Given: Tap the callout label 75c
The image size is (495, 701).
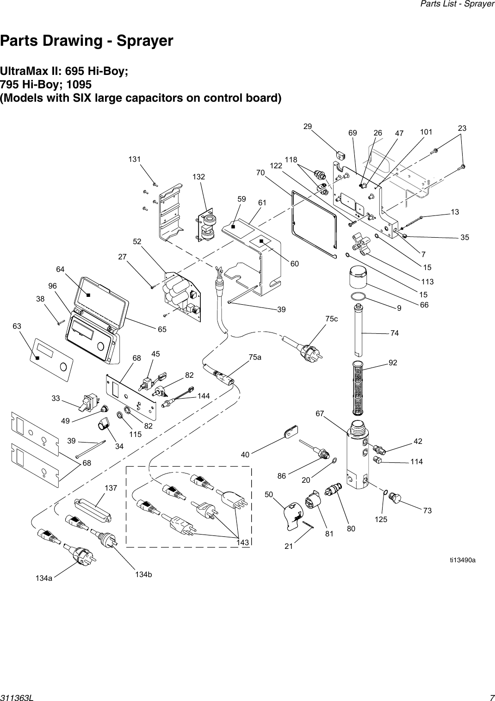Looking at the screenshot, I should [x=331, y=319].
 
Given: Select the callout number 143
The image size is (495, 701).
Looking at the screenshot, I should [x=242, y=542].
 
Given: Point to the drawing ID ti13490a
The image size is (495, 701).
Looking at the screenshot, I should [x=463, y=560].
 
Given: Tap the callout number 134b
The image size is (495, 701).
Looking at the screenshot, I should [x=143, y=574].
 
